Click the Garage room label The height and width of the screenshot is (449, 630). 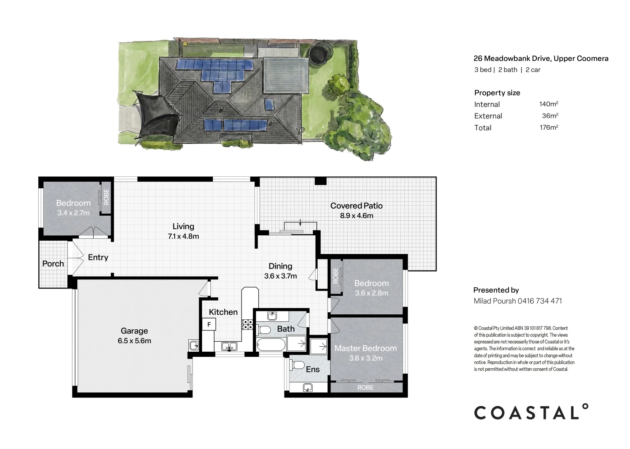click(x=134, y=331)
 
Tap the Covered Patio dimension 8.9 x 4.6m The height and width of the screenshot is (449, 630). click(x=356, y=216)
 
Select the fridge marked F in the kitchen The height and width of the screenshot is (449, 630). click(x=209, y=324)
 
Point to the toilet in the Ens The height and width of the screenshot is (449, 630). click(x=297, y=365)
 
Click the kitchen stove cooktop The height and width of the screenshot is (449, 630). click(x=247, y=324)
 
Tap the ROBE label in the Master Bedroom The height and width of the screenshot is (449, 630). click(x=366, y=387)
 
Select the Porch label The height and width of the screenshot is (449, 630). click(x=53, y=264)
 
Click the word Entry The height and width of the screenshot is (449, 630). click(x=98, y=257)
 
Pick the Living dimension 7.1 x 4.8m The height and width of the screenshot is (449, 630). click(x=183, y=237)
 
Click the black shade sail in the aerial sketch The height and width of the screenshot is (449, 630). click(x=156, y=114)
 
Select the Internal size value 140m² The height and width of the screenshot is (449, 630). click(x=548, y=104)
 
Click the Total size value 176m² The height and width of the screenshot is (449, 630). click(x=548, y=128)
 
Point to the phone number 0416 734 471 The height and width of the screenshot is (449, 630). click(x=540, y=301)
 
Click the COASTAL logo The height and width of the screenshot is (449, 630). click(x=531, y=412)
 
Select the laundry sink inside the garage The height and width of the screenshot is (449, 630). click(x=193, y=345)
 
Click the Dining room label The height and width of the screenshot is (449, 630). click(x=280, y=266)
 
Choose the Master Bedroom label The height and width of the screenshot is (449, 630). click(x=366, y=348)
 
